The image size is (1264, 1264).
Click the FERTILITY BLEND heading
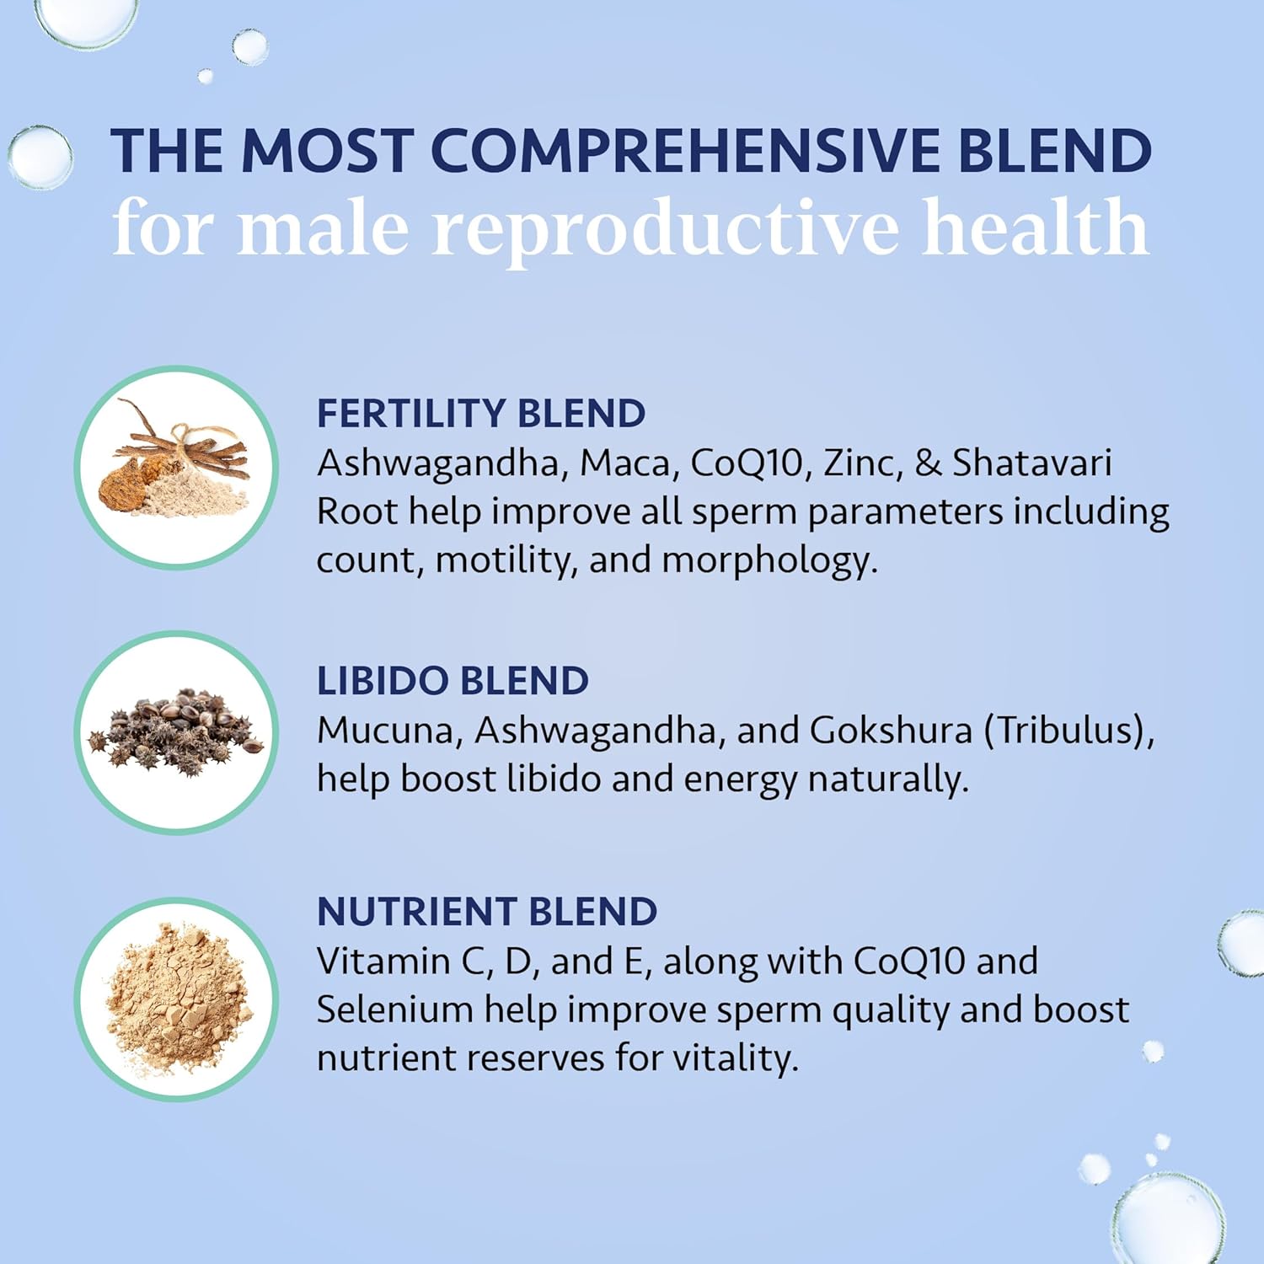tap(480, 414)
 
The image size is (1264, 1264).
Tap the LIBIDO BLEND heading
tap(453, 681)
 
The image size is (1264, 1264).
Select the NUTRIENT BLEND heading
tap(486, 912)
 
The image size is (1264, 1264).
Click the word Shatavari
tap(1031, 463)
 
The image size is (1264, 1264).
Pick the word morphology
tap(769, 560)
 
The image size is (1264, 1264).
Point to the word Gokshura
tap(891, 731)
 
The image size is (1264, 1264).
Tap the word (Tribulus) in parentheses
tap(1069, 731)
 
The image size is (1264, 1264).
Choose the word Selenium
tap(394, 1010)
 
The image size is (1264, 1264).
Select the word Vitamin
tap(383, 961)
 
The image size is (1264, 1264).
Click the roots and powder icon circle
tap(177, 467)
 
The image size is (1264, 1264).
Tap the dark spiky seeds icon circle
tap(177, 732)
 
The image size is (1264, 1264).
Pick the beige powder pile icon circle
tap(177, 999)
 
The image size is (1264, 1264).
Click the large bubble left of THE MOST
tap(40, 157)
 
